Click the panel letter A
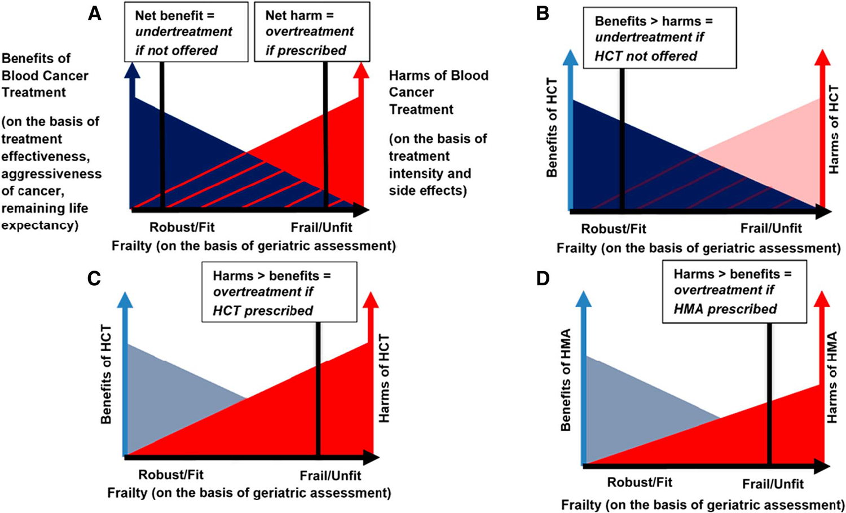[95, 14]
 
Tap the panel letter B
[543, 14]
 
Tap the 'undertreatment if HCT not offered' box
[659, 38]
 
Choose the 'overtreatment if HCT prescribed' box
[279, 292]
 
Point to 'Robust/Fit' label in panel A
[182, 228]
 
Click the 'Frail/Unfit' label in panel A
[321, 228]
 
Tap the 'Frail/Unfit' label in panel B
[771, 228]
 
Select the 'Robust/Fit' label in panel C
[171, 475]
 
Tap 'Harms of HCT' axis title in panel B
[834, 129]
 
